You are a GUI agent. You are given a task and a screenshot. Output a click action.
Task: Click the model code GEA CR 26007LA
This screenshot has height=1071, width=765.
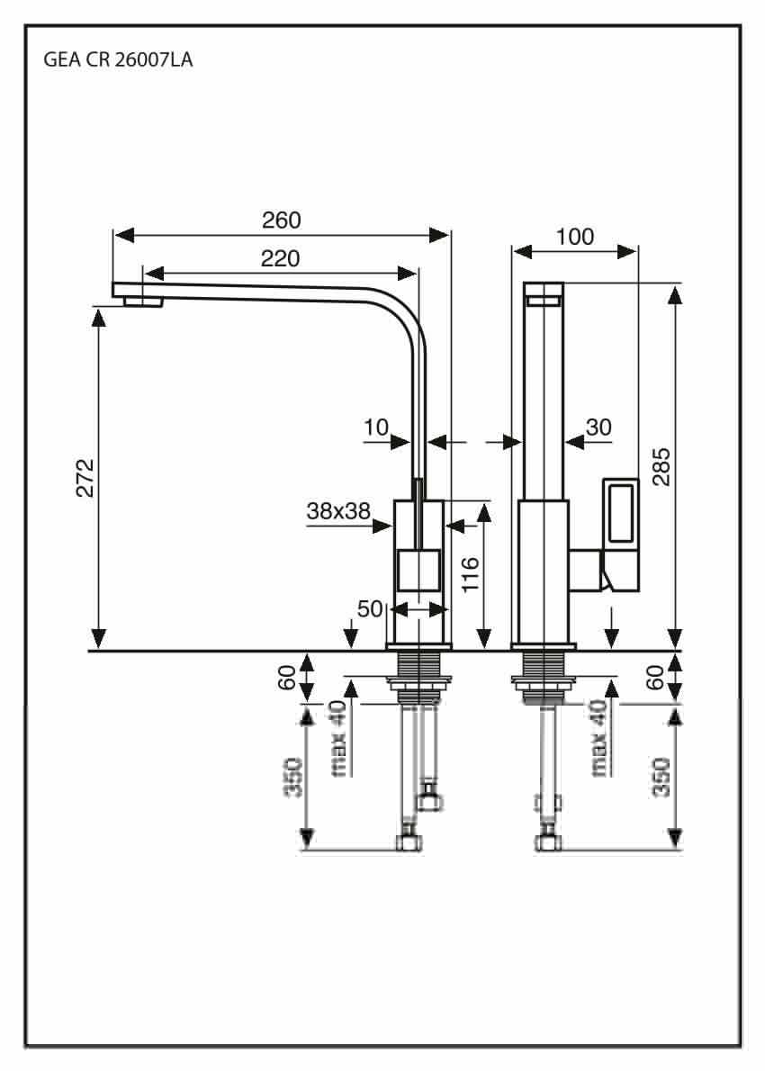(x=118, y=60)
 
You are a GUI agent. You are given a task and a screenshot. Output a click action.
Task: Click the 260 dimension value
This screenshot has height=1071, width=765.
(x=282, y=220)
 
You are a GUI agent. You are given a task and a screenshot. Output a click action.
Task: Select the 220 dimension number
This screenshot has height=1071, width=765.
(x=280, y=258)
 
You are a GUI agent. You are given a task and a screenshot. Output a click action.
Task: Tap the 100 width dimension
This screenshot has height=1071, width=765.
(x=574, y=237)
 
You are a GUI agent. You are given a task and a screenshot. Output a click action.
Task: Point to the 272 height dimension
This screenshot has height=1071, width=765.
(x=85, y=478)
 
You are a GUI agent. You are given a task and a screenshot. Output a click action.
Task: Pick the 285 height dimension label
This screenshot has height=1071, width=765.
(x=661, y=466)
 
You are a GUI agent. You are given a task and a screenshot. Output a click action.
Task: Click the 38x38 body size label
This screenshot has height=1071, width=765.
(x=338, y=510)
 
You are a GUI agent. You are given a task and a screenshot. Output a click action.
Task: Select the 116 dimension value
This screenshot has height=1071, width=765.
(x=471, y=574)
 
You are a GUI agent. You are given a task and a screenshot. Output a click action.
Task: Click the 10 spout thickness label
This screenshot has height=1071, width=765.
(x=375, y=427)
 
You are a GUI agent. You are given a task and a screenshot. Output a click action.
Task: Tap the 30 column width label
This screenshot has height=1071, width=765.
(x=598, y=427)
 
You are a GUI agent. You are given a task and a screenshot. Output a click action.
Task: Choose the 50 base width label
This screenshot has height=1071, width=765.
(x=370, y=607)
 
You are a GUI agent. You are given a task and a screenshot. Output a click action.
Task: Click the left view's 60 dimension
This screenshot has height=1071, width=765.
(x=288, y=677)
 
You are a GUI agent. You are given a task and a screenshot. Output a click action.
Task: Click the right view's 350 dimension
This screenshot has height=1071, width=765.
(x=661, y=777)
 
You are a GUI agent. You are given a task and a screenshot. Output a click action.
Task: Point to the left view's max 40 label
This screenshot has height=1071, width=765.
(x=339, y=738)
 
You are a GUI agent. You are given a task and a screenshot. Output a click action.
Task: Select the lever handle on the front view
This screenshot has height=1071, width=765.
(x=621, y=534)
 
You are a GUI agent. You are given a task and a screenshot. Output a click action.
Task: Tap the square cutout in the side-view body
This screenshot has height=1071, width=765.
(x=418, y=570)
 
